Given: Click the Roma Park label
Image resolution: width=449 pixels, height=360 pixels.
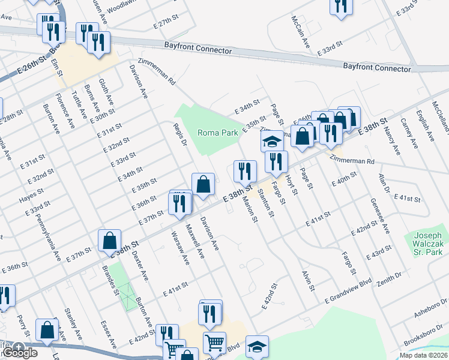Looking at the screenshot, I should pyautogui.click(x=214, y=133).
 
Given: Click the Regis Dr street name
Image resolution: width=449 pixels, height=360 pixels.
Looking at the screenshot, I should pyautogui.click(x=180, y=134).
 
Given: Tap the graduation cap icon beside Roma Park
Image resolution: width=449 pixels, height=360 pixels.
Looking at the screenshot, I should pyautogui.click(x=271, y=142).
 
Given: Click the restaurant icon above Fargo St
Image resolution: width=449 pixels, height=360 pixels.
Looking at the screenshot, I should pyautogui.click(x=276, y=161).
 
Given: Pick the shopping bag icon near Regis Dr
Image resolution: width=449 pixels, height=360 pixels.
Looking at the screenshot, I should pyautogui.click(x=203, y=184).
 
